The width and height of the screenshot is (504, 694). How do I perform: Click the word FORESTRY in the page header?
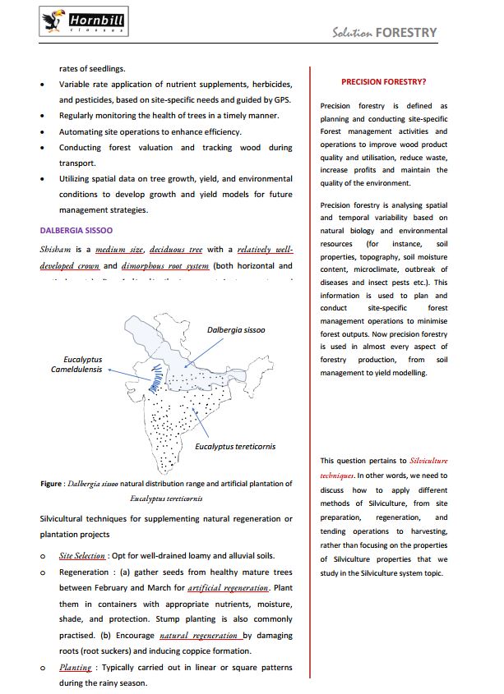pos(406,33)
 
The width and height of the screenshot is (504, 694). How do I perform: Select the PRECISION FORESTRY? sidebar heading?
pos(383,81)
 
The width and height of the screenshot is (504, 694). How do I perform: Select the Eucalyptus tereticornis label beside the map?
pos(235,447)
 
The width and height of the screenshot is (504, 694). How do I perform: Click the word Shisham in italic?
pos(56,250)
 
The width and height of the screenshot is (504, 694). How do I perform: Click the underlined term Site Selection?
pos(82,555)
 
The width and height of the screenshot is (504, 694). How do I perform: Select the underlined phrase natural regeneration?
pos(200,636)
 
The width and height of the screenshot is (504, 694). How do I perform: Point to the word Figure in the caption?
pos(53,484)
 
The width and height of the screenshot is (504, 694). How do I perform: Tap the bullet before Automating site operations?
pos(43,131)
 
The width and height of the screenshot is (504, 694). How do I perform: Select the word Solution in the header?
pos(352,34)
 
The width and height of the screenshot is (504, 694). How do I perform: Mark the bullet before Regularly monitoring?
pos(43,116)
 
